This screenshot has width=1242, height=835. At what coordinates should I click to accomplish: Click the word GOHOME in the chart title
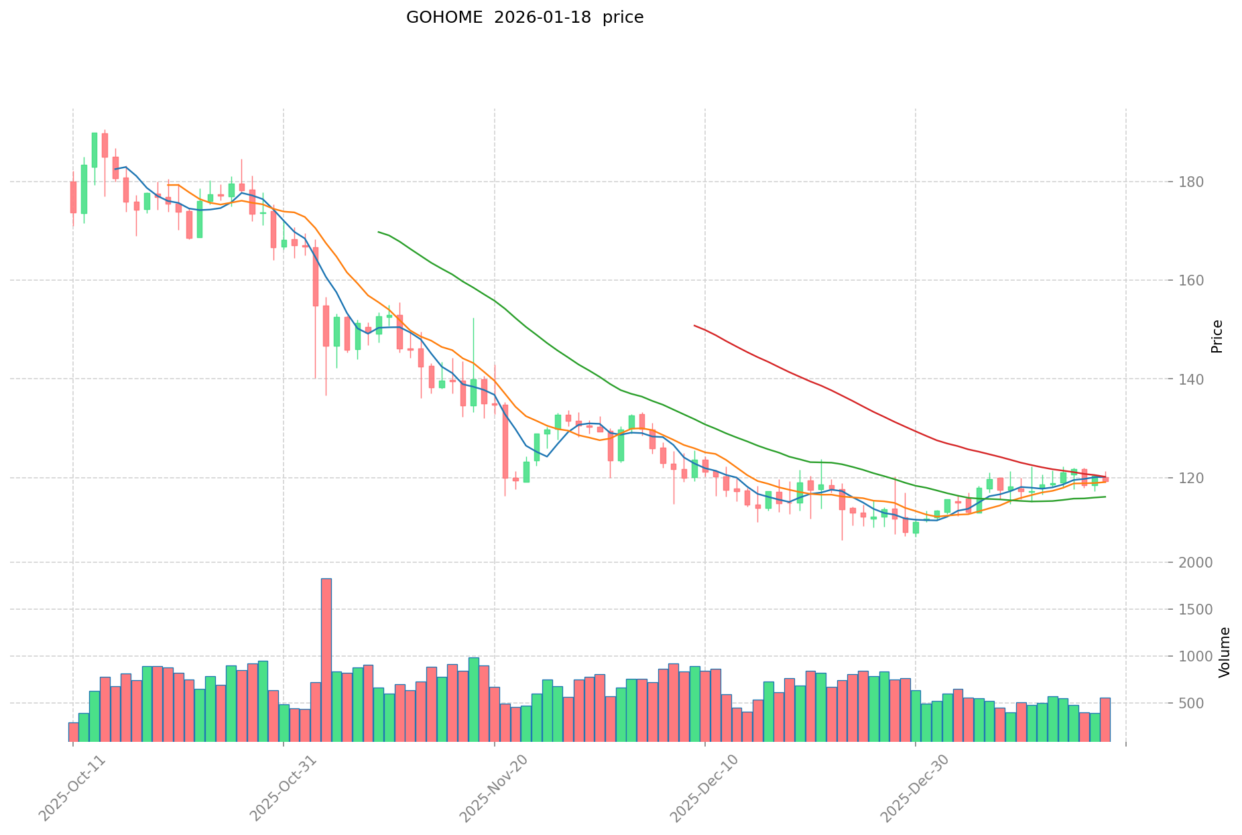click(x=444, y=18)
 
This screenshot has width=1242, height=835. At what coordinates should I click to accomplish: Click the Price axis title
click(x=1217, y=336)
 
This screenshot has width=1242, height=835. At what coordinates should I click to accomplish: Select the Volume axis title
click(x=1225, y=652)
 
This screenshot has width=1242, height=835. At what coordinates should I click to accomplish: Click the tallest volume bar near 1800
click(x=326, y=659)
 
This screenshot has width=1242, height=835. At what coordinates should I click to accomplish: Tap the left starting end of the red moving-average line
click(x=694, y=326)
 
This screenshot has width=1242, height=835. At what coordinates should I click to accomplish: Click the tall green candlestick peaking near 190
click(x=95, y=149)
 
